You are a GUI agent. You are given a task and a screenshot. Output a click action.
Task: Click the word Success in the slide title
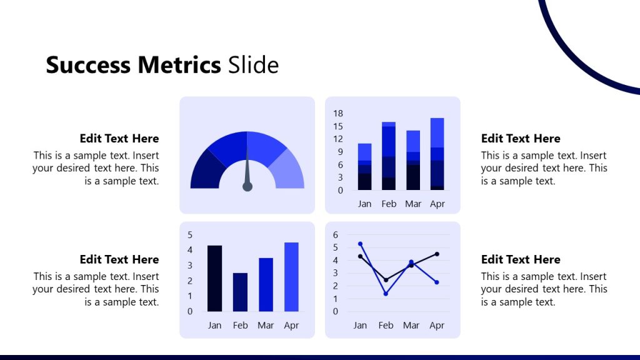tap(88, 65)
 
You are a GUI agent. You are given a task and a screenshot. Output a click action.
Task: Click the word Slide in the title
tap(253, 65)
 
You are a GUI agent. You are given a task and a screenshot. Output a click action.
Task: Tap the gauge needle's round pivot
tap(247, 187)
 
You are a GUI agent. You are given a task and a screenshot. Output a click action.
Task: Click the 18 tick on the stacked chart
tap(338, 113)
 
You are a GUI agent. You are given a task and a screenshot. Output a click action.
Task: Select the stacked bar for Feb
tap(389, 156)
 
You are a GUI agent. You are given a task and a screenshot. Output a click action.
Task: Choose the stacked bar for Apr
tap(437, 154)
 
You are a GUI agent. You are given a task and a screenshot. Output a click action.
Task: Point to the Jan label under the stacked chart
tap(364, 204)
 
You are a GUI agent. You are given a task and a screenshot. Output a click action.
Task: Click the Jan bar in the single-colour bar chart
tap(214, 278)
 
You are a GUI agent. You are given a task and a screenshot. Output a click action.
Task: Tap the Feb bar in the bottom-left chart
tap(240, 292)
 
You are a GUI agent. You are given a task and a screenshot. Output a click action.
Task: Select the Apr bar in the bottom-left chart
tap(291, 277)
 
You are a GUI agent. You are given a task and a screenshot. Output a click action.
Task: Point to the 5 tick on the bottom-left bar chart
tap(190, 235)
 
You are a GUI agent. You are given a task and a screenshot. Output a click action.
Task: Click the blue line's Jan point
tap(360, 244)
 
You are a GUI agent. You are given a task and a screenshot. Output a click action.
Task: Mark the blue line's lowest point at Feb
tap(386, 294)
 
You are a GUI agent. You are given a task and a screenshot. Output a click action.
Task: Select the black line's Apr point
tap(437, 254)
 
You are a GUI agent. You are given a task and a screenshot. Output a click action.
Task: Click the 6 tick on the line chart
tap(336, 235)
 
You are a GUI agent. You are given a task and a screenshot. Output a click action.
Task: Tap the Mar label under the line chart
tap(411, 325)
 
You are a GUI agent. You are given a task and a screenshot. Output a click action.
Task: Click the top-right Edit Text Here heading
tap(521, 139)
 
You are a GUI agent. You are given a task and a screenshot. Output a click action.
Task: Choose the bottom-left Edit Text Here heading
tap(119, 259)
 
